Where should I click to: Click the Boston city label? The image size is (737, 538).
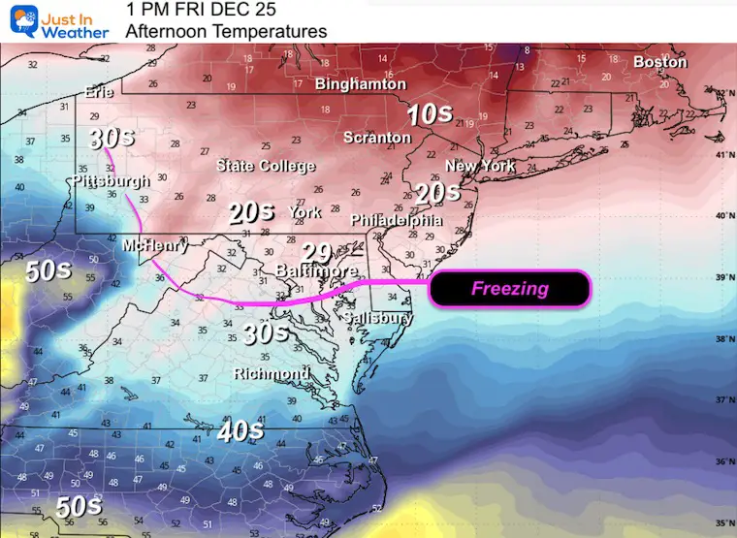point(659,62)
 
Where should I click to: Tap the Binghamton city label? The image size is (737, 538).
point(360,84)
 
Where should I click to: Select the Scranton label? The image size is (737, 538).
point(377,138)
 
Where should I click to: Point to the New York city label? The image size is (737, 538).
point(480,166)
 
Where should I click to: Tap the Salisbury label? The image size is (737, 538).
point(379,317)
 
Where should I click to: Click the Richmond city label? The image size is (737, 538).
point(272,373)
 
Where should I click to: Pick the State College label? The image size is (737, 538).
point(265,166)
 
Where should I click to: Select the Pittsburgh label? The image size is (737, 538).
point(111,181)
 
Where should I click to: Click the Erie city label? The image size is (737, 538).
point(100,92)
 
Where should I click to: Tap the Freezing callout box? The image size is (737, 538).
point(509,288)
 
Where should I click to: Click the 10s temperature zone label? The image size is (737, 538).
point(429,114)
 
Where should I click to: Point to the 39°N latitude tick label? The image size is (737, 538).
point(722,277)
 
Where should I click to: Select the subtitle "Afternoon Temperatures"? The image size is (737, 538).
point(226,31)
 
